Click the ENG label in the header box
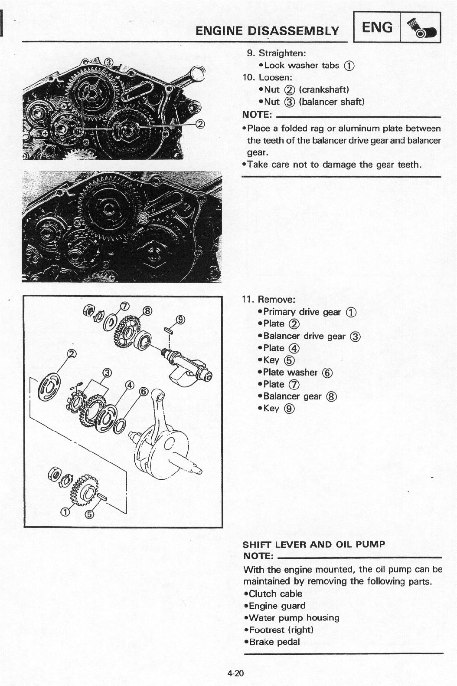[377, 27]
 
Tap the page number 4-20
[235, 673]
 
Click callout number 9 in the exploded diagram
[181, 320]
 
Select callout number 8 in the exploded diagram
[147, 311]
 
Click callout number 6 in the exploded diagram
[144, 392]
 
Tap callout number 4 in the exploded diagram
[129, 385]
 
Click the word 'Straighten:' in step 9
[282, 53]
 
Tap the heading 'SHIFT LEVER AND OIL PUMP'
[314, 544]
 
